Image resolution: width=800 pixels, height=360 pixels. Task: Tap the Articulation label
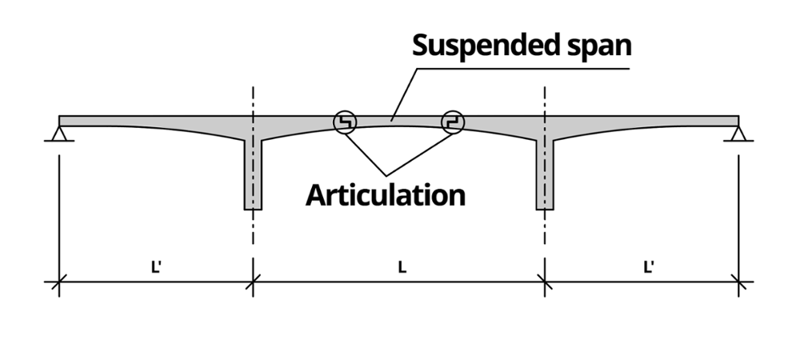pyautogui.click(x=385, y=194)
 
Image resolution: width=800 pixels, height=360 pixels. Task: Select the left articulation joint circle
pyautogui.click(x=346, y=122)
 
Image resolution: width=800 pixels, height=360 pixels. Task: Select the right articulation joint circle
pyautogui.click(x=452, y=122)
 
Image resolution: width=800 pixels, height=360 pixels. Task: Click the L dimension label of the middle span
pyautogui.click(x=402, y=267)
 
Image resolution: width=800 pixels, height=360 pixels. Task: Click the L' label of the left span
pyautogui.click(x=156, y=267)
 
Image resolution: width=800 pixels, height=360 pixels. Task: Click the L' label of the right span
pyautogui.click(x=649, y=267)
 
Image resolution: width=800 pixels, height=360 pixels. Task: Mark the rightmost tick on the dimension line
pyautogui.click(x=738, y=282)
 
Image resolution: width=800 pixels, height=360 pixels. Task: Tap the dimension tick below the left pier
pyautogui.click(x=253, y=282)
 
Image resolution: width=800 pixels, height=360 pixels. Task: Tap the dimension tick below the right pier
pyautogui.click(x=545, y=282)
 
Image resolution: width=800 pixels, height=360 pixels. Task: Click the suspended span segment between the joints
pyautogui.click(x=398, y=122)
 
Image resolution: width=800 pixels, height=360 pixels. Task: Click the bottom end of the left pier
pyautogui.click(x=253, y=207)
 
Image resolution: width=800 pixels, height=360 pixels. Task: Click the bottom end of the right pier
pyautogui.click(x=545, y=207)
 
